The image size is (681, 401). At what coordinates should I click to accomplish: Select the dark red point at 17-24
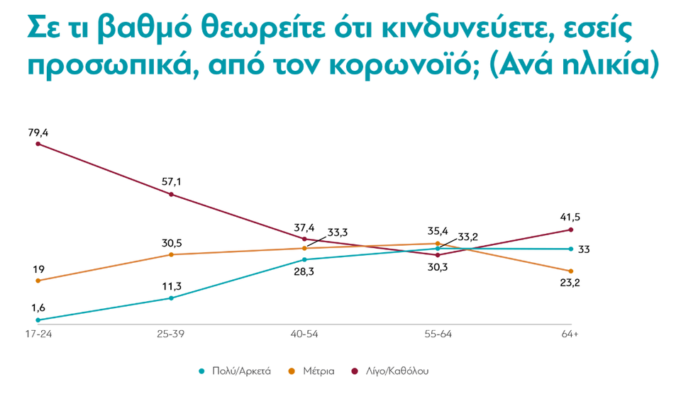pos(38,144)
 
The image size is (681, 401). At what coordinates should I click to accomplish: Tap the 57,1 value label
pos(171,182)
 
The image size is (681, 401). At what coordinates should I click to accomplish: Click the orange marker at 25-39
pos(172,254)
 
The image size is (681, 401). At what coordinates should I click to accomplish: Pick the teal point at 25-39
pos(172,298)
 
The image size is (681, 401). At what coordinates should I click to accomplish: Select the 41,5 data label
pos(571,218)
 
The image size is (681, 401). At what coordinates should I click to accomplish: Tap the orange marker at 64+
pos(571,271)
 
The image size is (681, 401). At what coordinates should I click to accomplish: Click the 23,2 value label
pos(571,283)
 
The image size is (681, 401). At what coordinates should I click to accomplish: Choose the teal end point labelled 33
pos(571,249)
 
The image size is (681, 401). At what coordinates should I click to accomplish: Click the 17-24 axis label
pos(38,334)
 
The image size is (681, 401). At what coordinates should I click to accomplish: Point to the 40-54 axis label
pos(305,334)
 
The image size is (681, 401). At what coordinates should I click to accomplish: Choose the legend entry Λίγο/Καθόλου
pos(397,371)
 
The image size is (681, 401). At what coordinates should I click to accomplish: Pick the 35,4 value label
pos(437,230)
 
